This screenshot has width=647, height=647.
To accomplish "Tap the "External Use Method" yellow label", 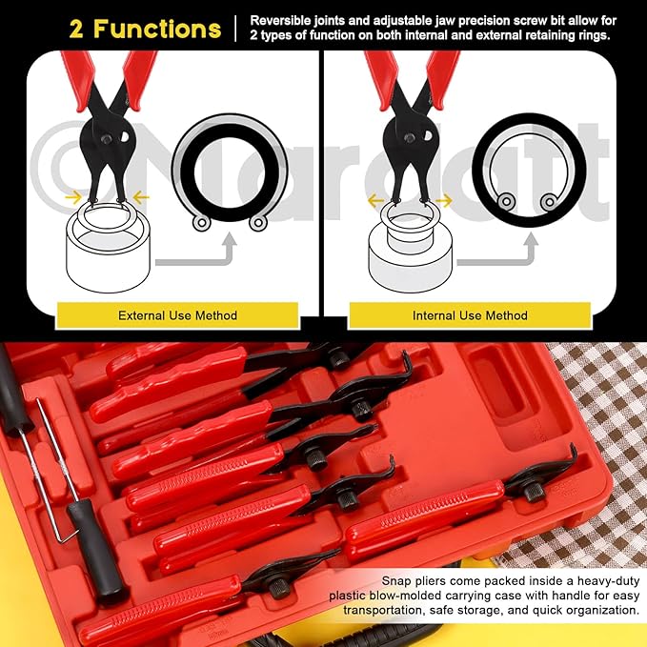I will pos(177,314).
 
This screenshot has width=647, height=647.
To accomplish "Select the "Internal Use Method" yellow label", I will pos(470,314).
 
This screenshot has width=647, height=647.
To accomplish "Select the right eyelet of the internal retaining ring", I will pos(549,201).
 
